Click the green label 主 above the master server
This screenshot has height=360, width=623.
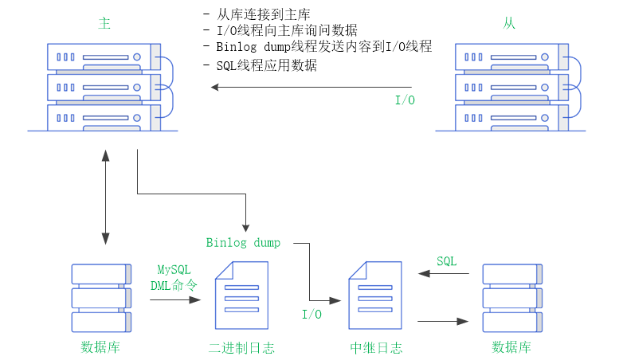click(x=104, y=23)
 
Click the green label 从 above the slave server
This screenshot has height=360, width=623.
click(x=509, y=23)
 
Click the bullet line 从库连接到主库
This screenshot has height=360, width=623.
click(x=263, y=15)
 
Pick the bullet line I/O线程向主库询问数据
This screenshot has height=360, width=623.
click(x=287, y=30)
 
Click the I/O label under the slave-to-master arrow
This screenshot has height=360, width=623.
click(x=406, y=101)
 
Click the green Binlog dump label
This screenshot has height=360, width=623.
click(x=243, y=242)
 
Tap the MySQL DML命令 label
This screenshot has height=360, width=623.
click(x=174, y=277)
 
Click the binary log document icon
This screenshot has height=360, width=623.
click(x=241, y=295)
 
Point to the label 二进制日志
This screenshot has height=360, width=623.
click(x=241, y=348)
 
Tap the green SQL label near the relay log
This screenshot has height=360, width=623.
click(x=447, y=261)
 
